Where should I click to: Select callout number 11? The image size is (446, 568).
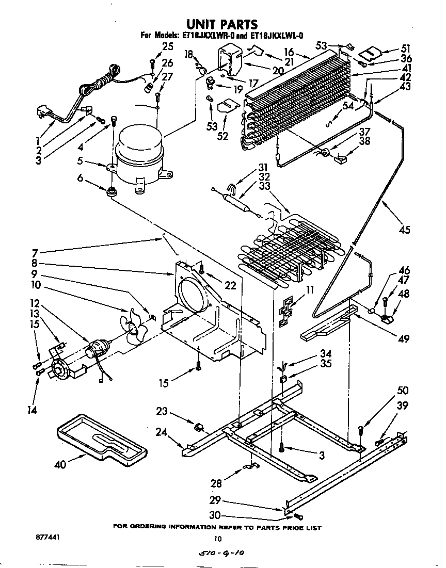pos(309,290)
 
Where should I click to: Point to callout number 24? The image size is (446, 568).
pos(162,433)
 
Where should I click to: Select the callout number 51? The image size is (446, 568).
pos(406,48)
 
